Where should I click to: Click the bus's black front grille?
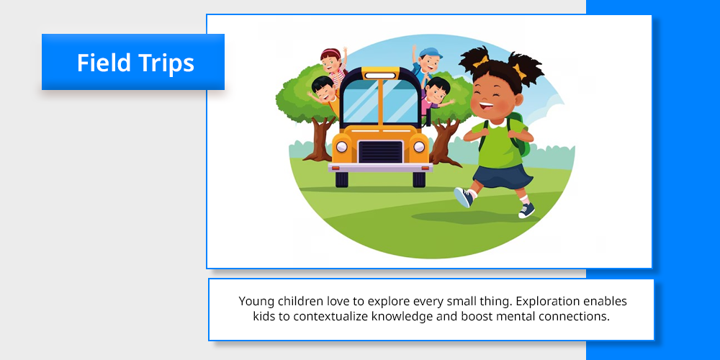coord(380,152)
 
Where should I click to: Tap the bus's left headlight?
coord(341,146)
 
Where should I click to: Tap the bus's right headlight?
coord(419,146)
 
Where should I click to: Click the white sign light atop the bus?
coord(380,76)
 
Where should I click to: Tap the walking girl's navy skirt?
coord(503,176)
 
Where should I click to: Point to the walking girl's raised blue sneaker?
coord(463,197)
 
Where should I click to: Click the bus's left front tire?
coord(342,179)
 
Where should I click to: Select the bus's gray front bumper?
coord(380,168)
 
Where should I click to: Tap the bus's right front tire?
coord(419,179)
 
